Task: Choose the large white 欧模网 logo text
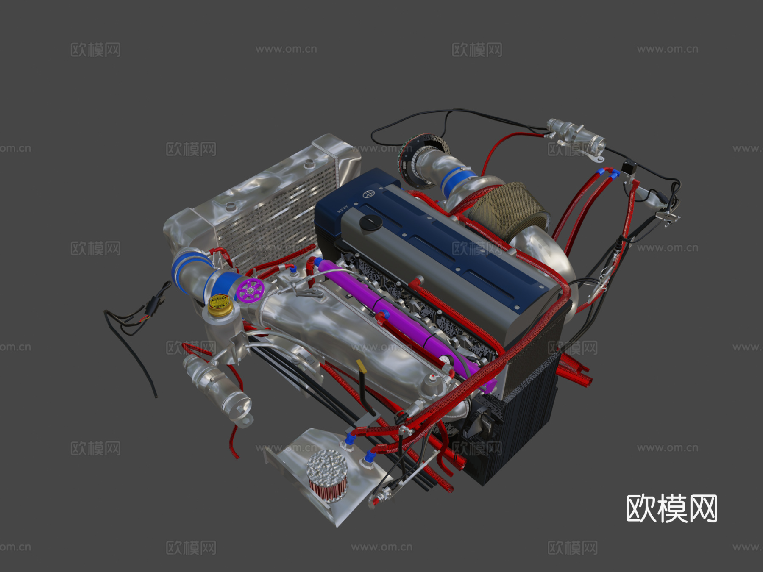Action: point(671,508)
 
